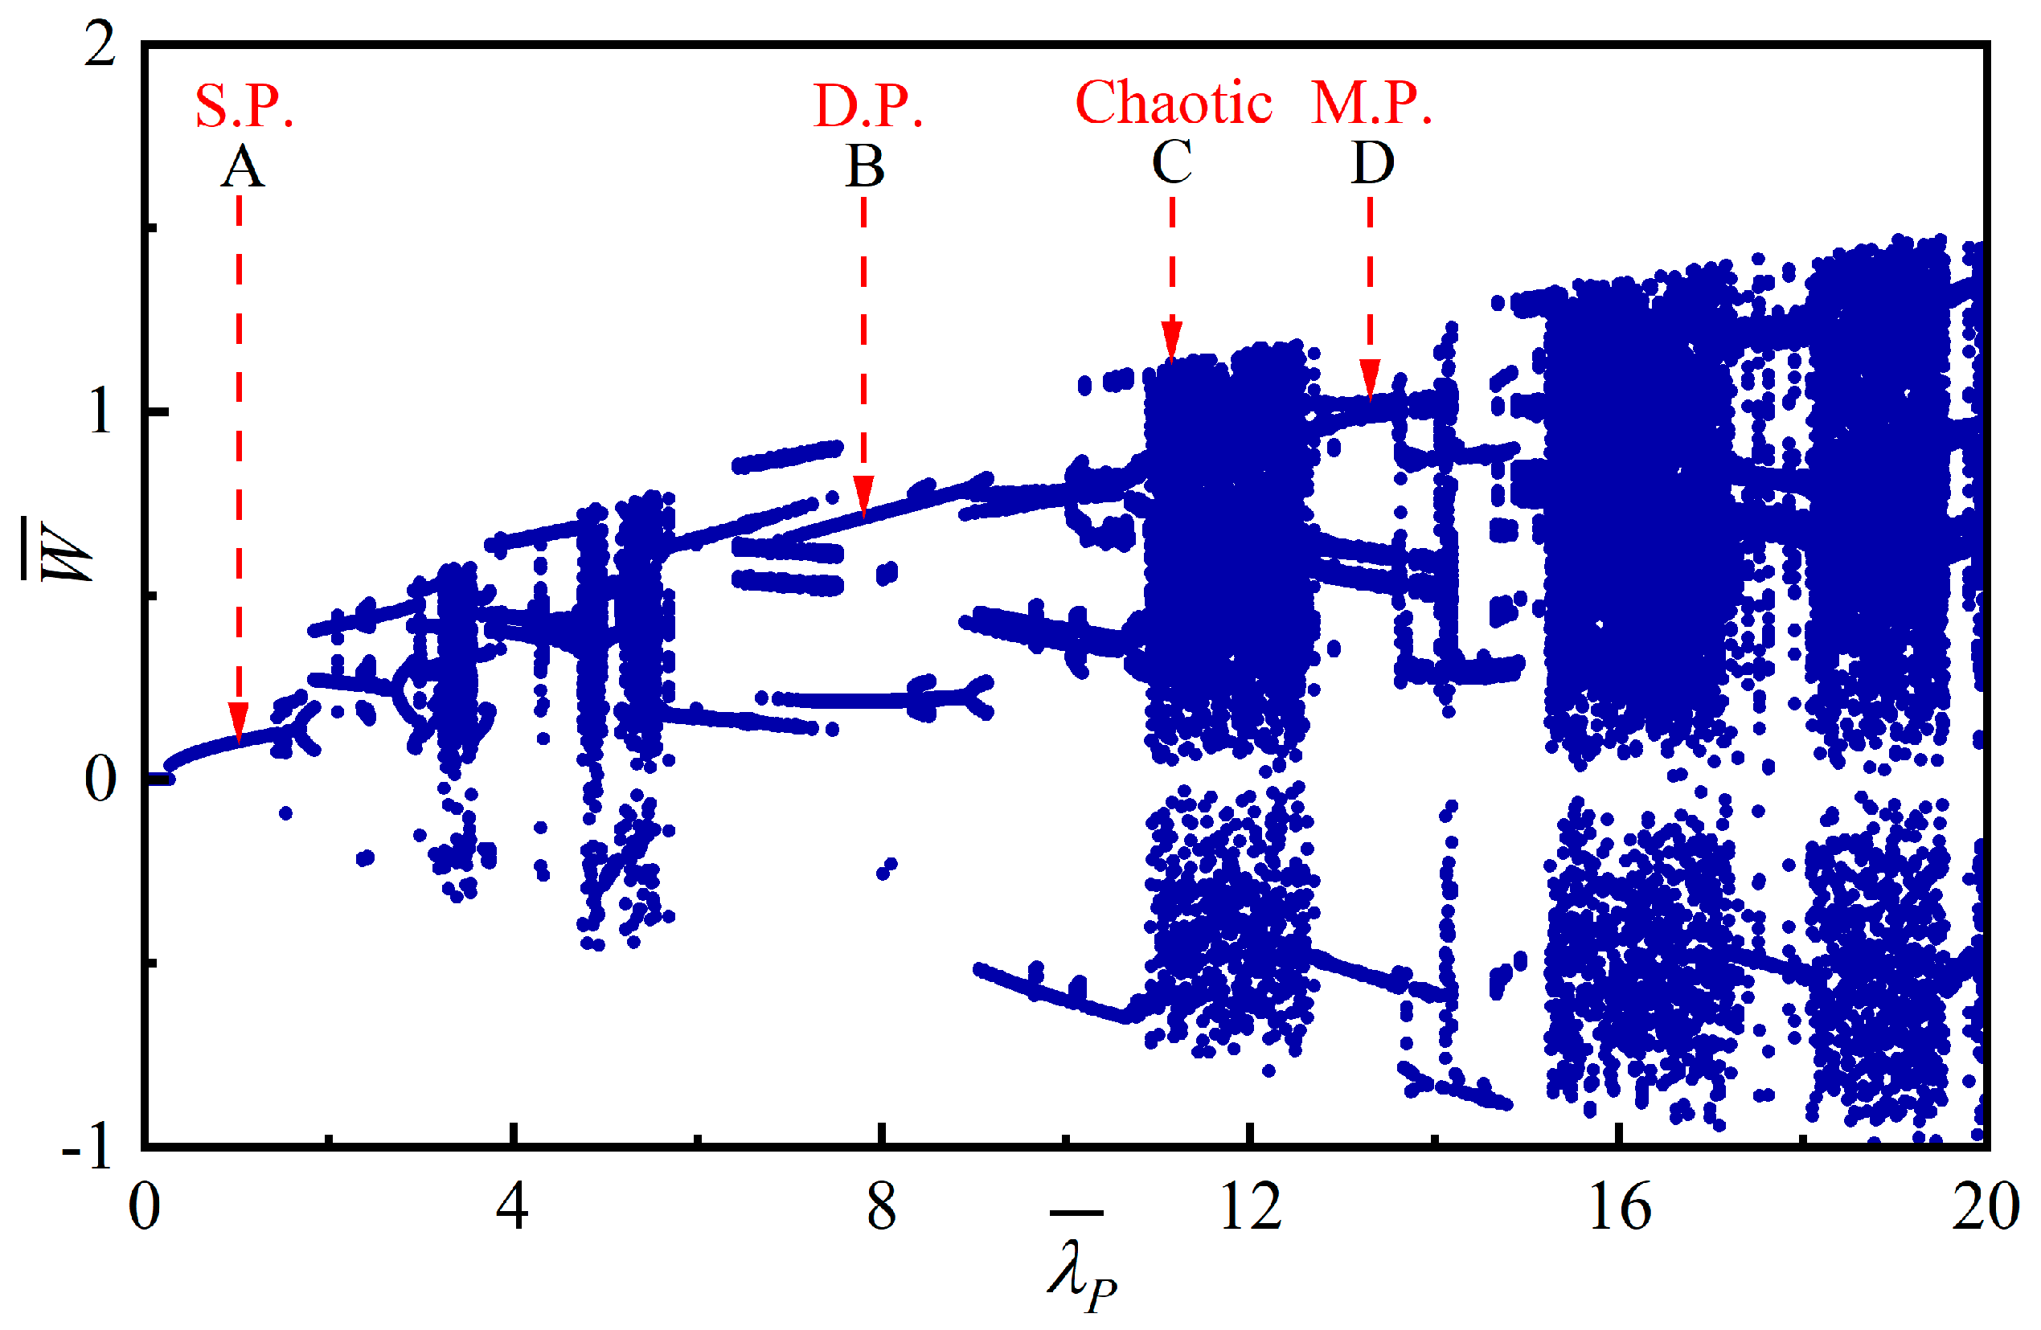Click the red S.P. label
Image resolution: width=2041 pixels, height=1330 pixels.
pos(244,106)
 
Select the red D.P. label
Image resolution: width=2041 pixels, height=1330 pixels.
pos(867,106)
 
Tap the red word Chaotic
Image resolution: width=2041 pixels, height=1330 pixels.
pos(1172,103)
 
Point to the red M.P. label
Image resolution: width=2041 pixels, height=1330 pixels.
pos(1371,104)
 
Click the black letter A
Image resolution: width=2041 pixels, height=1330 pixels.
pos(242,166)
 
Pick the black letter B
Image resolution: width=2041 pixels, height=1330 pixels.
pos(864,166)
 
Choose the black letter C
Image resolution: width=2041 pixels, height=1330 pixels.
pos(1171,162)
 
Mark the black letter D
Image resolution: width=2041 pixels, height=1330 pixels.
pos(1372,162)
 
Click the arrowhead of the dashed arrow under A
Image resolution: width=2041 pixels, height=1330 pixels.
pos(239,721)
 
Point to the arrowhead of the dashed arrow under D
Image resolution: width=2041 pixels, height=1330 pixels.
pos(1370,380)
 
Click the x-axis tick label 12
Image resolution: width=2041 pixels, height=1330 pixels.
pos(1250,1207)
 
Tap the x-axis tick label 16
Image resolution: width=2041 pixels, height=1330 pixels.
pos(1619,1207)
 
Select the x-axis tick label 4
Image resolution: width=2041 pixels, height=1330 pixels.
pos(512,1207)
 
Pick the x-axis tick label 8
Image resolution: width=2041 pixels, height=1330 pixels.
pos(881,1207)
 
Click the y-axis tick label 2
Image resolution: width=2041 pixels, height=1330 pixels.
pos(100,44)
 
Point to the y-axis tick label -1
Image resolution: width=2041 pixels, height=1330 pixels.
pos(87,1148)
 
